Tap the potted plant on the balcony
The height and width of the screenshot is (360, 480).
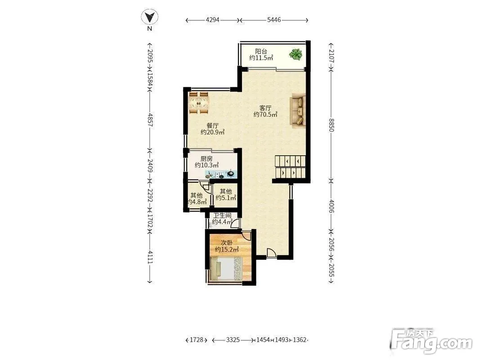click(296, 55)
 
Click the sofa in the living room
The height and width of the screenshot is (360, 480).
click(298, 110)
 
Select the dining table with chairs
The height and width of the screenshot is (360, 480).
click(199, 103)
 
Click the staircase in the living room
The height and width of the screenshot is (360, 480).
click(290, 167)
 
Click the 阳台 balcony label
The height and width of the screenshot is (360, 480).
click(261, 51)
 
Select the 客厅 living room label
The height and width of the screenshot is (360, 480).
click(265, 108)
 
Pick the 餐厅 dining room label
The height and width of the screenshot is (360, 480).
click(212, 126)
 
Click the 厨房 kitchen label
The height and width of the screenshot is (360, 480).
click(206, 158)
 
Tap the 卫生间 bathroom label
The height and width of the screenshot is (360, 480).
click(222, 215)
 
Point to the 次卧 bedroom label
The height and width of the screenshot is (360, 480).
click(227, 243)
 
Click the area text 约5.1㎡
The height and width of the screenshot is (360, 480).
click(226, 198)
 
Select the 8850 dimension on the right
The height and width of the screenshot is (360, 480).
click(331, 125)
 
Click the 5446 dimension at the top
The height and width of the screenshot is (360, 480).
click(274, 20)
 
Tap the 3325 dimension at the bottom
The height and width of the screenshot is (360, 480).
click(233, 340)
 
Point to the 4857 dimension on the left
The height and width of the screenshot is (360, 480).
click(150, 120)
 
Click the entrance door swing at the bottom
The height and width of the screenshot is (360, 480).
click(271, 253)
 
